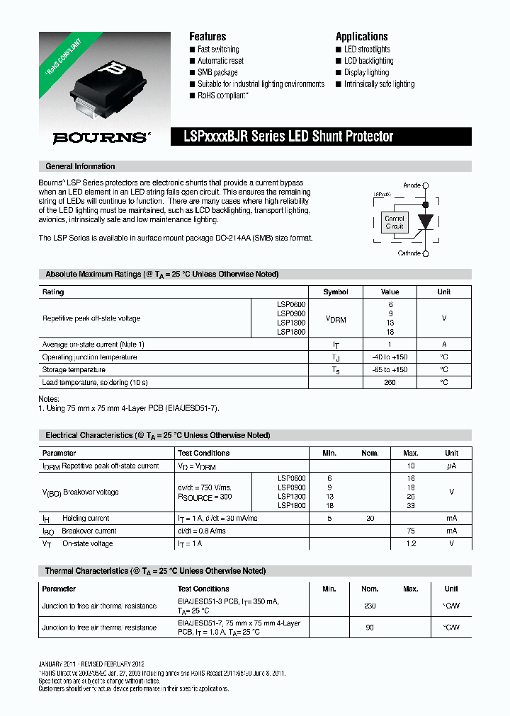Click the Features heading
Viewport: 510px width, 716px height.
click(208, 37)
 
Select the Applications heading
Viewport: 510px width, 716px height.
click(361, 37)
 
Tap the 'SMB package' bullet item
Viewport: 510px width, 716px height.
click(217, 72)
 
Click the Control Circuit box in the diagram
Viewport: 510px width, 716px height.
click(395, 223)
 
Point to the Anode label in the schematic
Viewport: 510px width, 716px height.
click(412, 185)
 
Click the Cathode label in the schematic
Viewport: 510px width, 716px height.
click(409, 253)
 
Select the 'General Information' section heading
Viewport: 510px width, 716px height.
click(80, 167)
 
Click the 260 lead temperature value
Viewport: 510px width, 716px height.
click(390, 383)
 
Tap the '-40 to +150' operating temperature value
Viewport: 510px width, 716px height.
click(390, 357)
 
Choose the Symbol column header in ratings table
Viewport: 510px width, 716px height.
click(336, 292)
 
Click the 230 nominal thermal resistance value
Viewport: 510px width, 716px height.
click(370, 606)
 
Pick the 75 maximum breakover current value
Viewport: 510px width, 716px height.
click(411, 531)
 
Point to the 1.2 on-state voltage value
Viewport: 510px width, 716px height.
click(411, 544)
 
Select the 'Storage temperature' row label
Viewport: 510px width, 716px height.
click(74, 370)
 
